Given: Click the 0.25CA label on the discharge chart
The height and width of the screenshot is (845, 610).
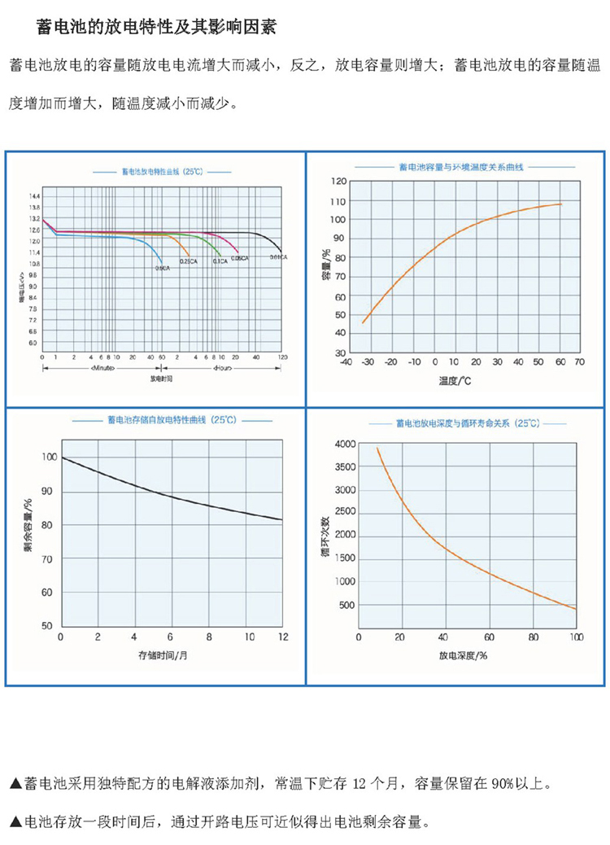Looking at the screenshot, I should pos(189,261).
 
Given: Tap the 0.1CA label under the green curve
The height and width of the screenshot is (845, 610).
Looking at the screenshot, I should pos(220,261).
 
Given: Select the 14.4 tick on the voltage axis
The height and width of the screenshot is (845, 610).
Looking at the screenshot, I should pos(34,198).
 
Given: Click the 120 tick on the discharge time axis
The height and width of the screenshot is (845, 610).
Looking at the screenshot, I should pos(282,357).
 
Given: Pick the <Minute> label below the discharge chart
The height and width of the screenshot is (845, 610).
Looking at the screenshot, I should pos(102,369).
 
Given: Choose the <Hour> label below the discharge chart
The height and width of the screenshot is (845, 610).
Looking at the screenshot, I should pos(224,369).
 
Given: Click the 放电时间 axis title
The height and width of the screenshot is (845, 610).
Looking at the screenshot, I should pos(162,379).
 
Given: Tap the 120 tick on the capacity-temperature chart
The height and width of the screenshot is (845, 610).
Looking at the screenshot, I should pos(338,182).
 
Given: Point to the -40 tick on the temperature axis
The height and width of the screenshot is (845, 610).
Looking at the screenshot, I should pos(346,361).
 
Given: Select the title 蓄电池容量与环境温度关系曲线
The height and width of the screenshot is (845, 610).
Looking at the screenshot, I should pos(461,166).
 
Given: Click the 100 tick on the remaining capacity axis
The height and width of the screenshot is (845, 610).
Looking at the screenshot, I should pos(49,458).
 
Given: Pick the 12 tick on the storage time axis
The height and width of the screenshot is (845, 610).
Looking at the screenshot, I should pos(281,636).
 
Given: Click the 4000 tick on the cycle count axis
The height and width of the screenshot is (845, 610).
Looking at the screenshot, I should pos(346,444).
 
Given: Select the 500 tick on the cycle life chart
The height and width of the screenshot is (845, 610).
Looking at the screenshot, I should pos(348,605).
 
